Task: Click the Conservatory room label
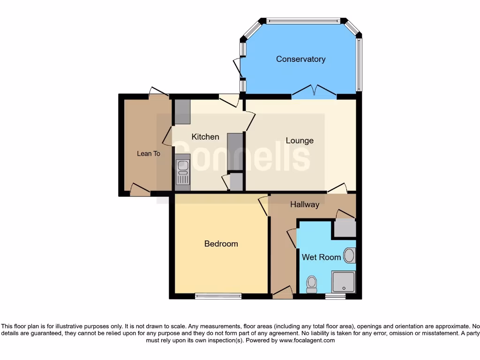300,59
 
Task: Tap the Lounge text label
300,141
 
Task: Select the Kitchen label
205,137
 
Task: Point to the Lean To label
148,154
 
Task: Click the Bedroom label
221,244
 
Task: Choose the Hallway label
305,204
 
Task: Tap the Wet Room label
321,257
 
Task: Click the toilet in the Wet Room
311,284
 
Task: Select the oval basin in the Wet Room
349,255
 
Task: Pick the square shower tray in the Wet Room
343,282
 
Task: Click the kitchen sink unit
182,172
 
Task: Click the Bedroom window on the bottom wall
218,296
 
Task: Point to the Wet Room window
336,296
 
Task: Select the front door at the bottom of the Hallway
282,292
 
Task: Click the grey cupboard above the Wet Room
345,228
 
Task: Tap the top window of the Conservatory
303,21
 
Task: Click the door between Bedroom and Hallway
263,206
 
